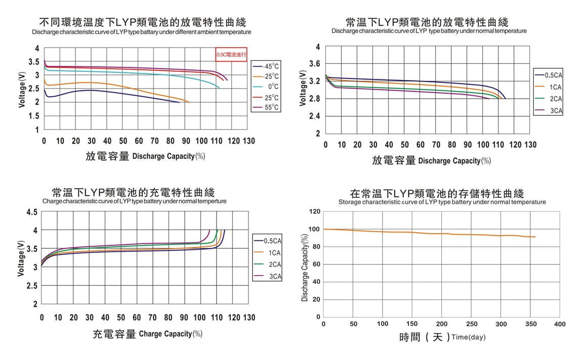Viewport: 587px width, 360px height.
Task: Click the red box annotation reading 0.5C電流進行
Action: (x=231, y=54)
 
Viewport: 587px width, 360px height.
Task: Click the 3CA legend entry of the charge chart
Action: (x=269, y=277)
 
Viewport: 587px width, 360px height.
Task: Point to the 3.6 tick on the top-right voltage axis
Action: (x=314, y=64)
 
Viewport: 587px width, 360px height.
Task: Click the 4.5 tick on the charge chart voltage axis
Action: (x=32, y=212)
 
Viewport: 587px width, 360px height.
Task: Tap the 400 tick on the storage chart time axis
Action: (x=560, y=324)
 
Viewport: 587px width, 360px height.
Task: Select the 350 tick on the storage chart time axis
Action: (x=530, y=324)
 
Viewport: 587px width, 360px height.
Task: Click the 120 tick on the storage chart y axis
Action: (x=314, y=211)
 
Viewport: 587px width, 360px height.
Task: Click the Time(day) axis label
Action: (x=468, y=337)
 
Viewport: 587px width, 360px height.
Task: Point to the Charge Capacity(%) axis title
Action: (x=171, y=334)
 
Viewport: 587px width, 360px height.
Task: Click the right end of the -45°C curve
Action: (x=179, y=102)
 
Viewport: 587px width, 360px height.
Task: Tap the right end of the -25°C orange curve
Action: (x=189, y=102)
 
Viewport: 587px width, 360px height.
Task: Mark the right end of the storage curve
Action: (x=535, y=237)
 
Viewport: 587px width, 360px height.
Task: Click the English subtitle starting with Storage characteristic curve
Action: (x=442, y=202)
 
